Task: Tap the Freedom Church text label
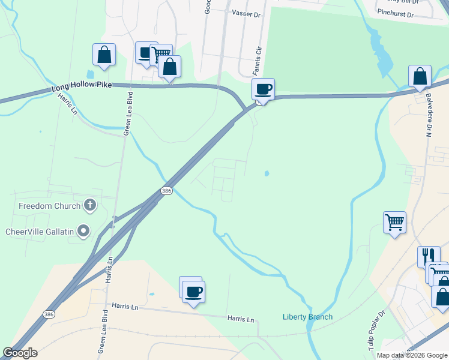(49, 206)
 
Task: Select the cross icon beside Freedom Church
(90, 205)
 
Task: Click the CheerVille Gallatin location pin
(83, 230)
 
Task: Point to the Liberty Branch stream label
(307, 317)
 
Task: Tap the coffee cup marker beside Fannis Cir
(263, 89)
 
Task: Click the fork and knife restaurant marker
(429, 256)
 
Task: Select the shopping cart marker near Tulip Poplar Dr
(394, 222)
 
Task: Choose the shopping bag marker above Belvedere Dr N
(420, 76)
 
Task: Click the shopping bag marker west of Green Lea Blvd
(104, 54)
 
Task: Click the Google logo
(20, 353)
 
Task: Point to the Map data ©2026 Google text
(411, 355)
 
